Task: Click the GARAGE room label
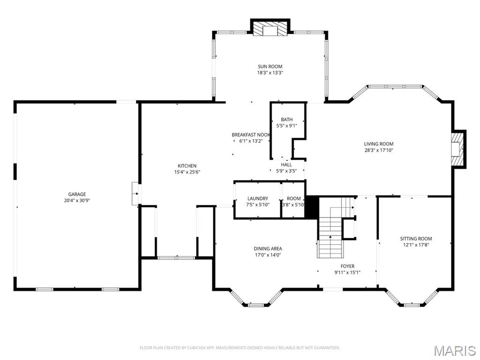77,194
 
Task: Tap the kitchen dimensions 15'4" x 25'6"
187,172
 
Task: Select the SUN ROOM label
270,67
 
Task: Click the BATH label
286,120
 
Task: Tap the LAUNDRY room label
258,198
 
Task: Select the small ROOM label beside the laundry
294,198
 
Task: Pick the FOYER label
347,266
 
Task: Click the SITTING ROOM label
416,239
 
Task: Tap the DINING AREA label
268,248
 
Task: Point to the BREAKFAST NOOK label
251,135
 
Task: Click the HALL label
286,165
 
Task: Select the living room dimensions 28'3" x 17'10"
379,150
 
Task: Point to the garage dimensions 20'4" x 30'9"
77,200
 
